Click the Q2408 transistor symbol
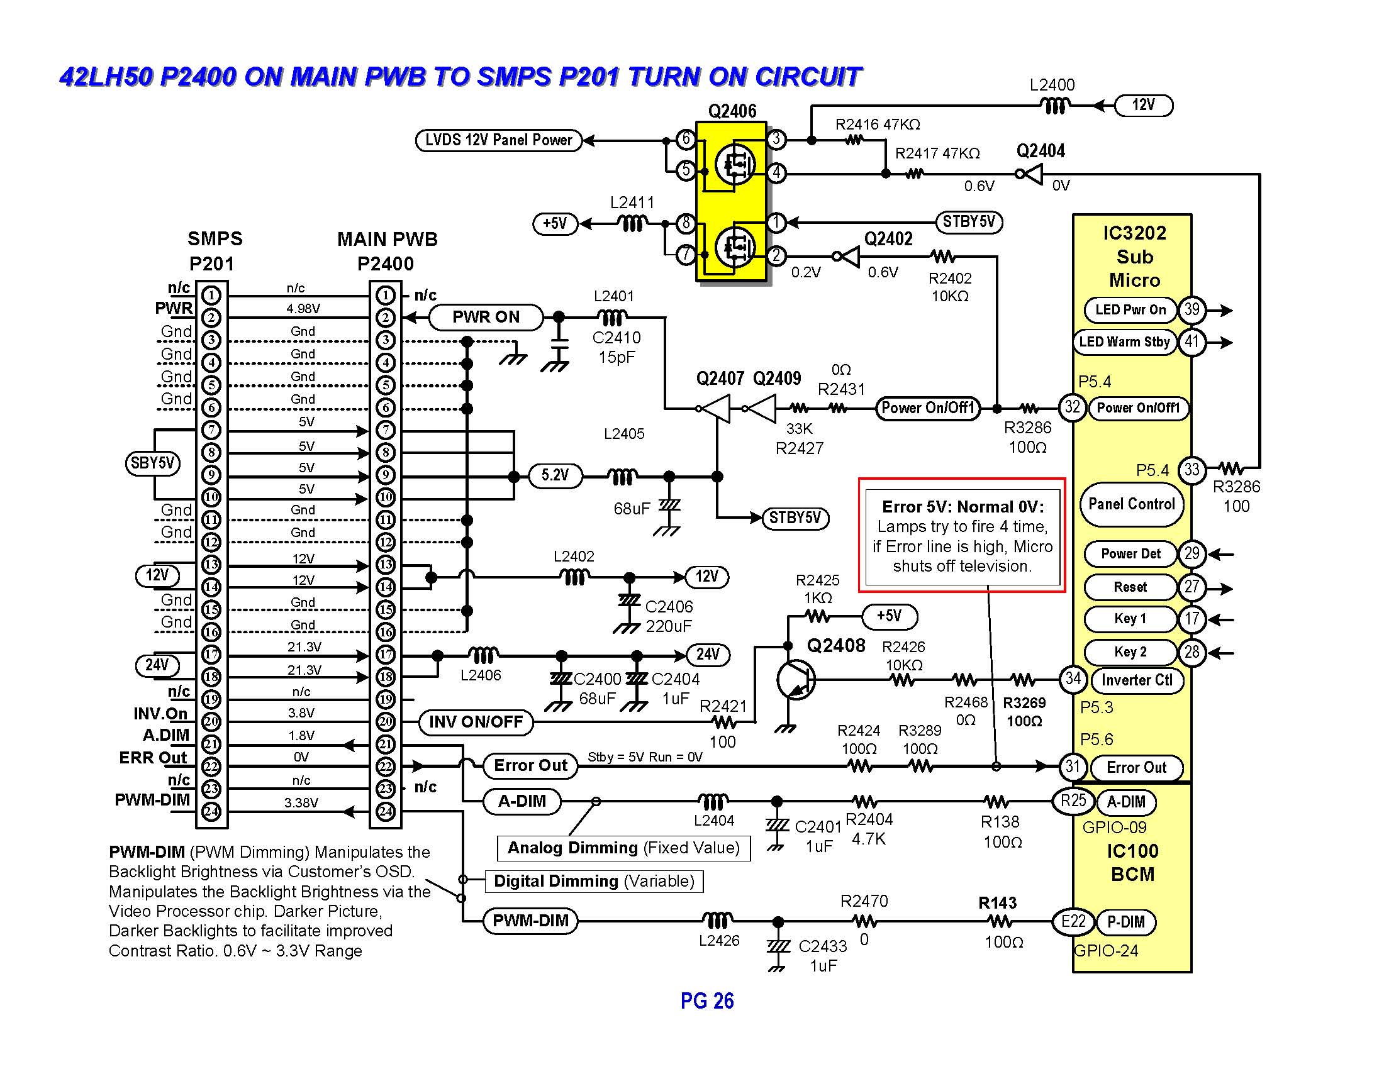pos(796,680)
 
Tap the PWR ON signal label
pos(486,318)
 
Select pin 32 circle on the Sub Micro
pos(1072,407)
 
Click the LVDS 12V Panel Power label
pos(498,140)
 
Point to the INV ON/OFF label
pos(476,722)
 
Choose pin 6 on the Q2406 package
pos(686,139)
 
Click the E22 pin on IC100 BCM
pos(1073,921)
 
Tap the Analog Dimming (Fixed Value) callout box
pos(623,848)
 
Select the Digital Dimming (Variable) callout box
pos(594,881)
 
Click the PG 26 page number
pos(707,1001)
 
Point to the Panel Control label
pos(1131,504)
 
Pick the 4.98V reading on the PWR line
pos(303,308)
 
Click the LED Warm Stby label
pos(1124,342)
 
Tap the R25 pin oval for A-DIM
pos(1073,800)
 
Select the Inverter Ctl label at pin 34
pos(1137,680)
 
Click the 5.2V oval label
pos(554,475)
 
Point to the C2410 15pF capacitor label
pos(617,347)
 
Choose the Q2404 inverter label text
pos(1041,152)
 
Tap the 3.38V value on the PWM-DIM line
pos(301,803)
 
